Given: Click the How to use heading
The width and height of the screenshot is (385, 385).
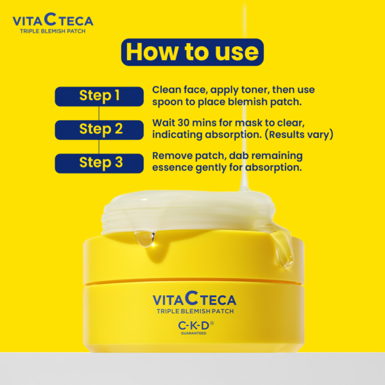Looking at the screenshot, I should (x=192, y=51).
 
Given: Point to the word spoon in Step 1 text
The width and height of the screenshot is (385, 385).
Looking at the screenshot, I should (x=169, y=101).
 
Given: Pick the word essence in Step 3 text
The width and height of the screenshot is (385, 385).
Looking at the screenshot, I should (x=173, y=168).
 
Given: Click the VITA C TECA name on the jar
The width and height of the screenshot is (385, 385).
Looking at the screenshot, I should (x=194, y=298).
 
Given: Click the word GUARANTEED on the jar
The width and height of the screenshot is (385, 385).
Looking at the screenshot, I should (x=192, y=334).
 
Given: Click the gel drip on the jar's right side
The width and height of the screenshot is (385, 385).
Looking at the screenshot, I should (x=283, y=250).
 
